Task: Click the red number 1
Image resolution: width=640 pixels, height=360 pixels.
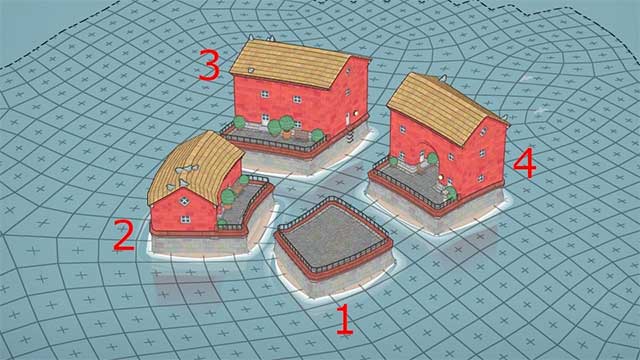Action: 344,320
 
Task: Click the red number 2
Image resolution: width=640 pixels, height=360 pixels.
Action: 123,236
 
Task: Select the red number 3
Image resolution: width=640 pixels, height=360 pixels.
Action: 208,67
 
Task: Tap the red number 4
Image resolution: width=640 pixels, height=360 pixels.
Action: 523,163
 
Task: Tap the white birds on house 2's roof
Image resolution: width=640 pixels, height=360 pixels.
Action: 183,172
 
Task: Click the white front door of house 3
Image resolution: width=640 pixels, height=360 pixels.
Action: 265,119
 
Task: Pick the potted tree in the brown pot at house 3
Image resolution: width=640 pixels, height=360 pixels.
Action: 287,125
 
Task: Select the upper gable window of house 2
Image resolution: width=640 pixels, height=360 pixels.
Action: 187,196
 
